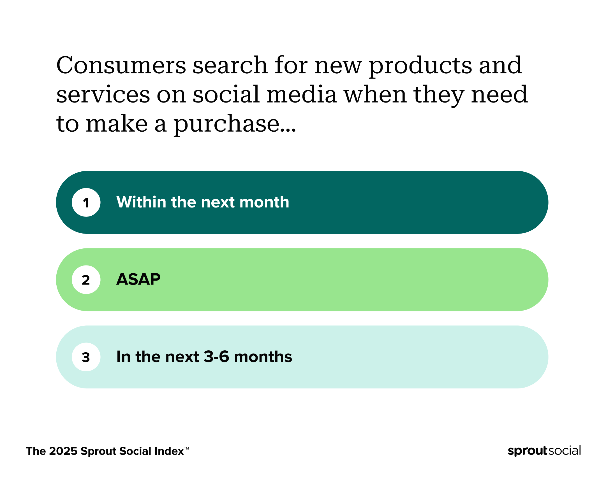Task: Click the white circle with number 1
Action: click(86, 202)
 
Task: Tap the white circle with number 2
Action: click(86, 280)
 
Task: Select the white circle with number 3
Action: click(86, 357)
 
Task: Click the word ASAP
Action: click(138, 279)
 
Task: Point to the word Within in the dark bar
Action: click(141, 202)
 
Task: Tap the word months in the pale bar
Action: click(263, 357)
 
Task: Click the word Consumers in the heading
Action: click(121, 65)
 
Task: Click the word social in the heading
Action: click(226, 94)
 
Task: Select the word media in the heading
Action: click(302, 94)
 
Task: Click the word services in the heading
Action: click(103, 95)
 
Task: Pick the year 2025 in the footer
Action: click(63, 451)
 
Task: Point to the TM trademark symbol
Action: click(186, 448)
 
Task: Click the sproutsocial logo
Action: click(544, 451)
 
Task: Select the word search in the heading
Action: click(230, 65)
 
